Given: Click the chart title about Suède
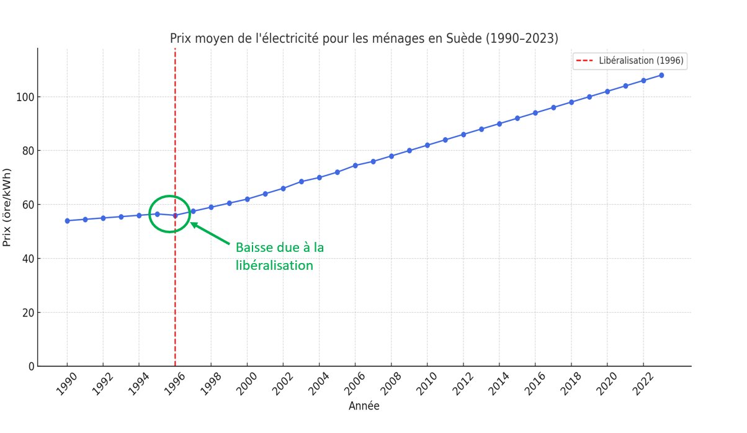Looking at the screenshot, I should [364, 38].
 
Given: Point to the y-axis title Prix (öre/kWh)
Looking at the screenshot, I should [7, 207].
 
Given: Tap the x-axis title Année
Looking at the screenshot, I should [364, 406].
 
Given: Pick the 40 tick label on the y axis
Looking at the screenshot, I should [25, 259].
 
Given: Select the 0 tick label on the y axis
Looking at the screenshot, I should [29, 367].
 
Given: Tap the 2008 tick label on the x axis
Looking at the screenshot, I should [391, 385].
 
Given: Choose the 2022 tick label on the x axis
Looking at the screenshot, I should [643, 385].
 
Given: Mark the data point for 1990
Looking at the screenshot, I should [67, 221].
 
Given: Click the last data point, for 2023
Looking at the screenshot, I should [661, 75].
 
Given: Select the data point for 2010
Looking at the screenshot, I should [427, 145].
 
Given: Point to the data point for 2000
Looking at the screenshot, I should [247, 199].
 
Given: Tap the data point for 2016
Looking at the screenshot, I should [535, 113].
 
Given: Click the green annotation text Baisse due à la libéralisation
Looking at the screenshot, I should [280, 256].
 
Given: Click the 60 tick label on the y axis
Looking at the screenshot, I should [25, 205].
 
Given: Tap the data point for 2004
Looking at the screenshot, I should [319, 177].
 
